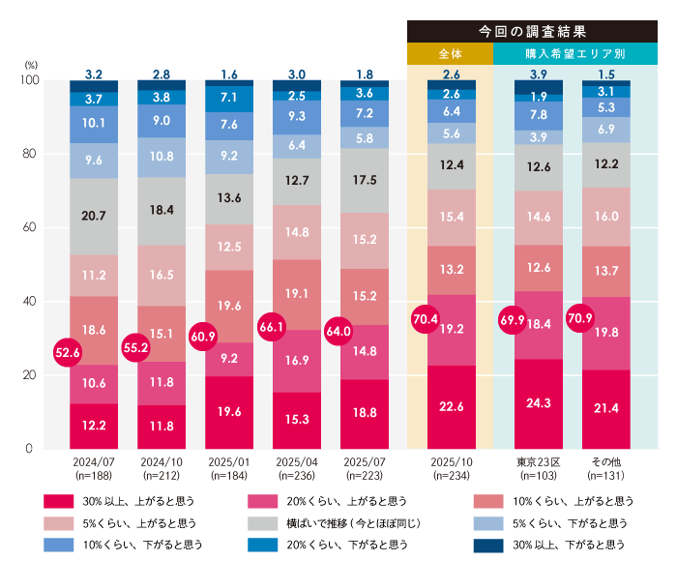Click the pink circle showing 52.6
[67, 353]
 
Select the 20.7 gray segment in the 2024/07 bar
[94, 217]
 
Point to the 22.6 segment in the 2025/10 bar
[451, 406]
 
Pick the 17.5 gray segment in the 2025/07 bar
[365, 180]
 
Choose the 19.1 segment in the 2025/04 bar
[297, 294]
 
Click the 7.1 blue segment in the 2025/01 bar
[229, 98]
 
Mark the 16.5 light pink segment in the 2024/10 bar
[162, 275]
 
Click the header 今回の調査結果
[532, 30]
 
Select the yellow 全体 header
[450, 54]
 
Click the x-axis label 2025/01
[229, 463]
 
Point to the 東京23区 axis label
[538, 463]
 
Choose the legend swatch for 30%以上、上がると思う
[59, 501]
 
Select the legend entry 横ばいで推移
[326, 523]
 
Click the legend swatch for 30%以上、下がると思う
[489, 545]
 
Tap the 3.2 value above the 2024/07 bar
[94, 74]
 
